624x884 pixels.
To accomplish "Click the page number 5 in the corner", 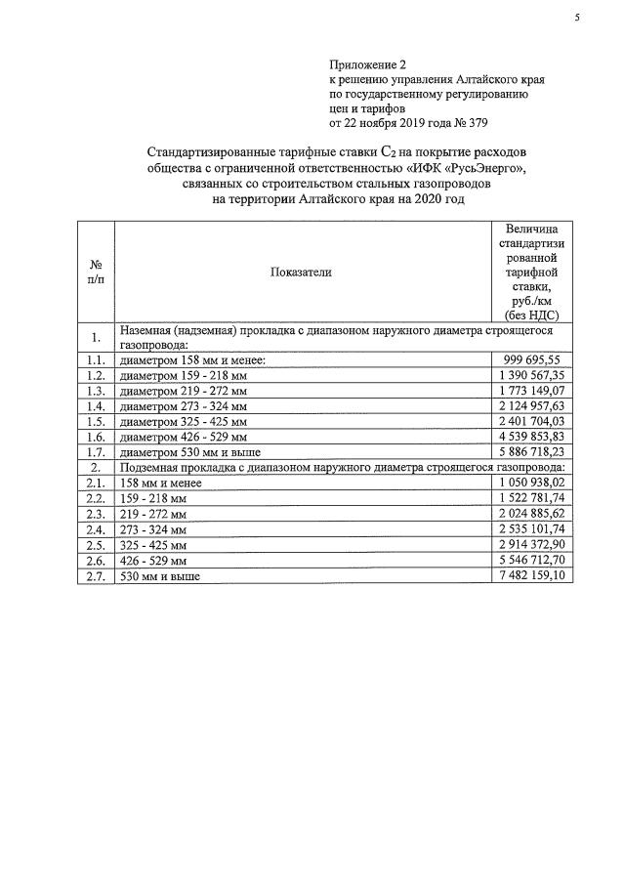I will coord(576,17).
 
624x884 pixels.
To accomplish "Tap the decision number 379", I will coord(475,123).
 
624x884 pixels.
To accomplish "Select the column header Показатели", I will coord(301,273).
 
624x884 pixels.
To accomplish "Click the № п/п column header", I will coord(96,273).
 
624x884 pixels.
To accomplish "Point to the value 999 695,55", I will coord(530,359).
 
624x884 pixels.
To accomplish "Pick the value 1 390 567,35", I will coord(530,375).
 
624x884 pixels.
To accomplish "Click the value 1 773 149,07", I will coord(530,391).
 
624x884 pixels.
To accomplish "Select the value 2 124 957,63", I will coord(530,405).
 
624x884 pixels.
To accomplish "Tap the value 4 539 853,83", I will coord(530,437).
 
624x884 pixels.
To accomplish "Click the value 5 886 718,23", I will coord(530,452).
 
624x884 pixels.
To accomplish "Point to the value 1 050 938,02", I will coord(530,483).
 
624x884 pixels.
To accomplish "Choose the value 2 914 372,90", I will coord(530,545).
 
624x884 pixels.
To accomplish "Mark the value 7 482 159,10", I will coord(530,576).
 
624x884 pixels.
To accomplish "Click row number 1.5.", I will coord(96,421).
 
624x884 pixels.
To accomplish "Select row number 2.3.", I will coord(96,514).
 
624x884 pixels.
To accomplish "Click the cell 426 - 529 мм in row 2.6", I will coord(156,561).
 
